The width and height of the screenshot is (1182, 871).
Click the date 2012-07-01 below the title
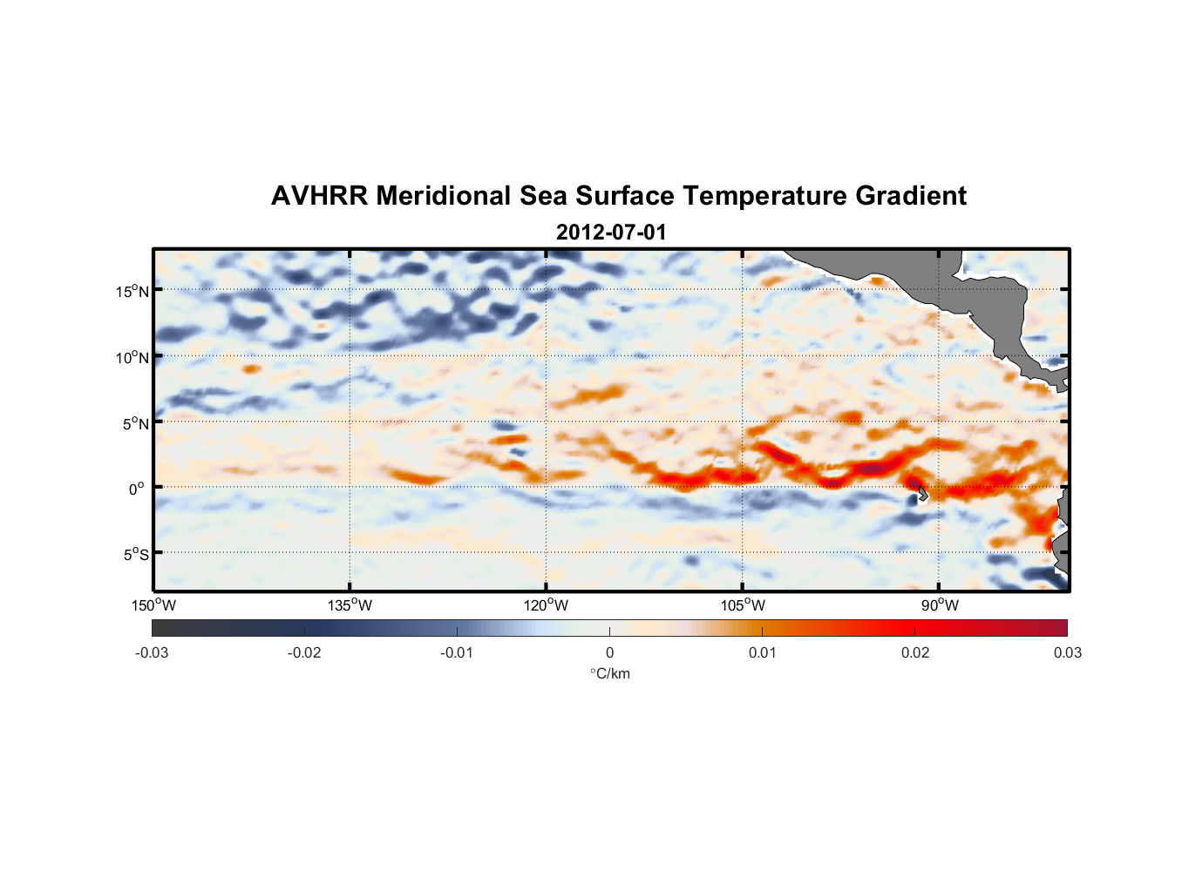(x=610, y=233)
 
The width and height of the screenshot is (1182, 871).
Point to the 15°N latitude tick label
(x=132, y=291)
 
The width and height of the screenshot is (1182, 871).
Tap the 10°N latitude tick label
(x=132, y=357)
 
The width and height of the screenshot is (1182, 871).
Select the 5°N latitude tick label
(x=132, y=423)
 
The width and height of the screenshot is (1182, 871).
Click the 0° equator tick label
(x=137, y=489)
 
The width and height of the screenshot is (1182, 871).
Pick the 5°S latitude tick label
(x=132, y=555)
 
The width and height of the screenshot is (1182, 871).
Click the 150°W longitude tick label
(x=154, y=605)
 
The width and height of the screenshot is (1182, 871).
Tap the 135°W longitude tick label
(x=350, y=605)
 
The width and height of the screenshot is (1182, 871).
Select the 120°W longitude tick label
(x=547, y=605)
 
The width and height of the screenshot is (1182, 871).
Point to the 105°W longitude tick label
(x=743, y=605)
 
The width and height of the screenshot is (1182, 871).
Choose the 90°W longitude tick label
(x=940, y=605)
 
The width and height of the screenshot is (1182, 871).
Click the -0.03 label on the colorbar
(x=152, y=652)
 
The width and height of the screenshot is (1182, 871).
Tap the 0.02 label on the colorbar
(x=915, y=652)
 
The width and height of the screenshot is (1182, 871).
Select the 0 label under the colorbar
(x=609, y=652)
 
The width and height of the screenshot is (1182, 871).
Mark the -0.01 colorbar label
(x=457, y=652)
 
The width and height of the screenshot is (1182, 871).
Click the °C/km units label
(x=610, y=673)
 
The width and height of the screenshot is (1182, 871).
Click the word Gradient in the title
(x=910, y=196)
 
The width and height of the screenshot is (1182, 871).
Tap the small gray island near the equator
(x=921, y=494)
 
